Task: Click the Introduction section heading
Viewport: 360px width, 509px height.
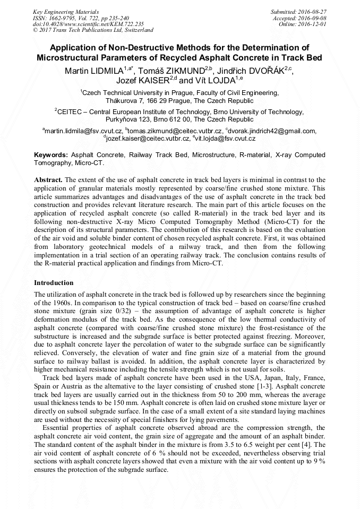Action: [54, 283]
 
